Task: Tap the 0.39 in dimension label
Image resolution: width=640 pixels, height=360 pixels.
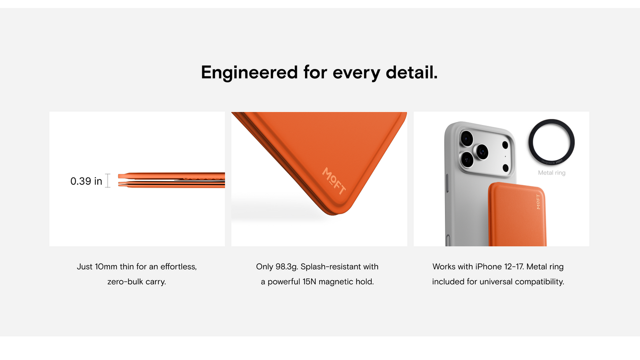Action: (x=86, y=181)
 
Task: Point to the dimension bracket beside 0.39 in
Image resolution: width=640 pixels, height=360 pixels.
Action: (x=108, y=180)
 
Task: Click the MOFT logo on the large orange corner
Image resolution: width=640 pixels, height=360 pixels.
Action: (x=334, y=181)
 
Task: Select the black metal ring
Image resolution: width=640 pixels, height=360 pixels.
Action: (x=551, y=120)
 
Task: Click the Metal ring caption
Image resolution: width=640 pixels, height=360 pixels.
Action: (x=552, y=173)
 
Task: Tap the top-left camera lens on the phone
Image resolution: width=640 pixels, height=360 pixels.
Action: (x=467, y=139)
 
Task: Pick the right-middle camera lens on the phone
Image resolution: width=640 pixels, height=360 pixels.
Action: (x=482, y=151)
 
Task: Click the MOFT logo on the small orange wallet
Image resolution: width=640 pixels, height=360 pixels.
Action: (x=538, y=202)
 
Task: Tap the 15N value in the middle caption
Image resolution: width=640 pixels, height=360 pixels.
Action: (x=309, y=282)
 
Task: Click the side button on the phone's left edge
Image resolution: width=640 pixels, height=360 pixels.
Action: (x=447, y=183)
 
